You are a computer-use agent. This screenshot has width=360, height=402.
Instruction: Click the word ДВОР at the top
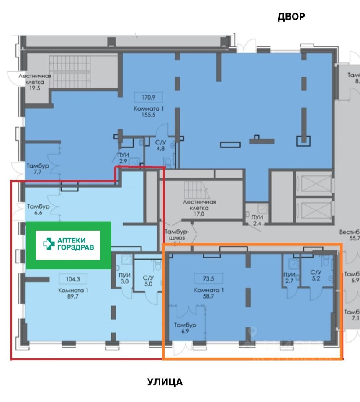click(291, 17)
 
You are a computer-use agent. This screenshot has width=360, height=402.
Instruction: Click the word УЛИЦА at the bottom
click(165, 382)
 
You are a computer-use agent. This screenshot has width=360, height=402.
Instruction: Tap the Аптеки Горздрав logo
click(68, 245)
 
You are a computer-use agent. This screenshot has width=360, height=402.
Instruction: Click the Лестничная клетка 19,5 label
click(35, 79)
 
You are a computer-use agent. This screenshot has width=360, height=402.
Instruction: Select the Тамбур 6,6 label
click(39, 209)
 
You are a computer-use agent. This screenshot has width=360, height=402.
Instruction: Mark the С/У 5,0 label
click(148, 280)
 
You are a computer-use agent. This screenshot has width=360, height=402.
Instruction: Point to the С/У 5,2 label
click(316, 275)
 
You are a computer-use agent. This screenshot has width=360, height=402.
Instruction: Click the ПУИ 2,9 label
click(123, 158)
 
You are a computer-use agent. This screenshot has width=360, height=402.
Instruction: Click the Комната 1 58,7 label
click(206, 293)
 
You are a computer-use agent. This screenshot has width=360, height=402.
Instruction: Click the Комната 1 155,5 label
click(148, 112)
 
